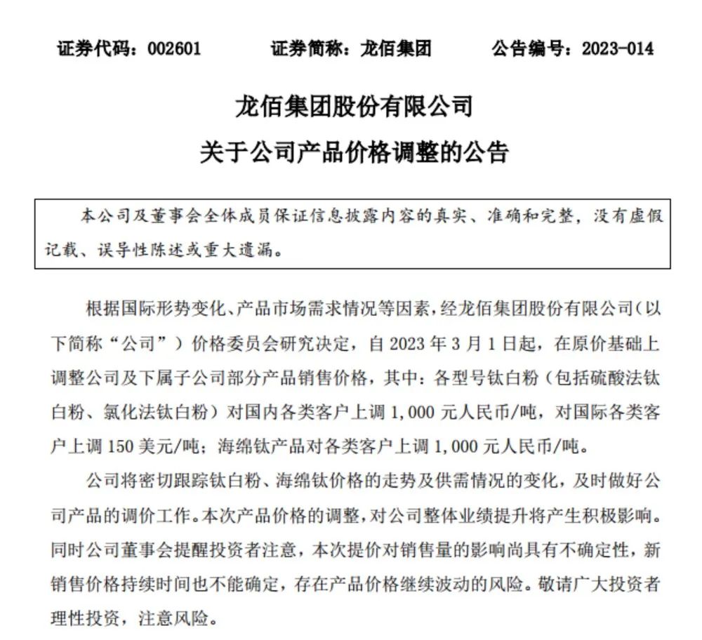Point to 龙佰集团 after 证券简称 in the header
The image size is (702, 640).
[x=396, y=48]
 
